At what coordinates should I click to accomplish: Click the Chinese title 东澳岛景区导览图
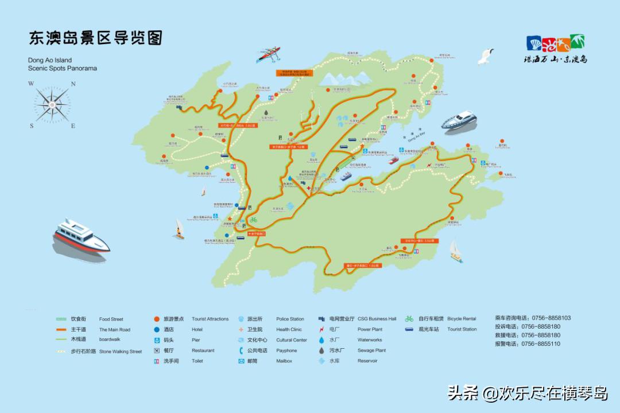coord(95,38)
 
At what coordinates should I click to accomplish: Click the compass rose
coord(52,104)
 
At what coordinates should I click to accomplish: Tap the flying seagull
coord(487,56)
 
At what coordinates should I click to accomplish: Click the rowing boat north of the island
coord(268,54)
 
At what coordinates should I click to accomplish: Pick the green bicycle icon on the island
coord(253,219)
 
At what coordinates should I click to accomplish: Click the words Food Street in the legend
coord(111,320)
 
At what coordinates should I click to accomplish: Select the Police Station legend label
coord(290,320)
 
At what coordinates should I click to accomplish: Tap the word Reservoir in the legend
coord(367,361)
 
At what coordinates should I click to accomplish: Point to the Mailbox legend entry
coord(284,361)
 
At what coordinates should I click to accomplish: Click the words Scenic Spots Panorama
coord(63,68)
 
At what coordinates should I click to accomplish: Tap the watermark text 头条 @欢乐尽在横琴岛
coord(527,393)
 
